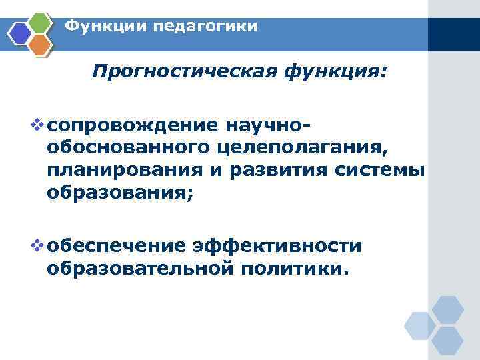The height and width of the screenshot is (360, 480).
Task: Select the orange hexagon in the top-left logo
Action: point(41,44)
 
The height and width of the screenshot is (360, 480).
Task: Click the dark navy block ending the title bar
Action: point(453,34)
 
